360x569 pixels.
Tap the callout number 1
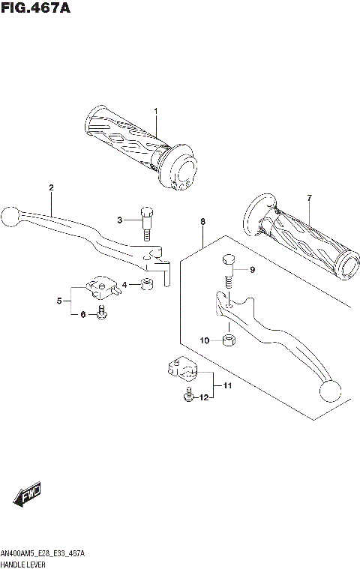(156, 112)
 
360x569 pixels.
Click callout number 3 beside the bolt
(118, 220)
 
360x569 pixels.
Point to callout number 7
(308, 198)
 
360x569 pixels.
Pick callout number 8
(202, 222)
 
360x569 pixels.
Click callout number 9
(252, 270)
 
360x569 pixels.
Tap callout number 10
(204, 341)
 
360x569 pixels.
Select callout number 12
(202, 397)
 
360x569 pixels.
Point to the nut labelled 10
(229, 342)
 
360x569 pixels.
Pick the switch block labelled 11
(180, 367)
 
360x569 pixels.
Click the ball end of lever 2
(10, 216)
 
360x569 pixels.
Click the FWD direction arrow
(27, 494)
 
